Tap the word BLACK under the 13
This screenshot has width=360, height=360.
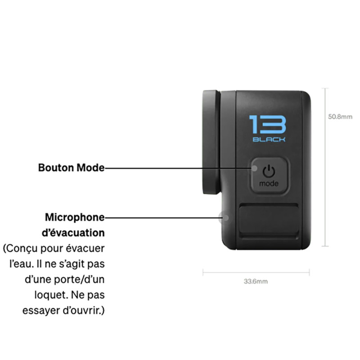coord(269,139)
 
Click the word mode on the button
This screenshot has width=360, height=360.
coord(269,184)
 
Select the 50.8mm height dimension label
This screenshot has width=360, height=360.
coord(340,117)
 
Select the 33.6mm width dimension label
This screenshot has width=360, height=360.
coord(256,282)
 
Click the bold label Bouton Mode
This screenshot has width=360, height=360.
coord(71,168)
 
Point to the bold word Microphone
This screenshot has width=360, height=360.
coord(75,218)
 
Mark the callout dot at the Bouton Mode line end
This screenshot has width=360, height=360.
coord(255,168)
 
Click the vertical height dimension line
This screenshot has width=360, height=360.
coord(326,166)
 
